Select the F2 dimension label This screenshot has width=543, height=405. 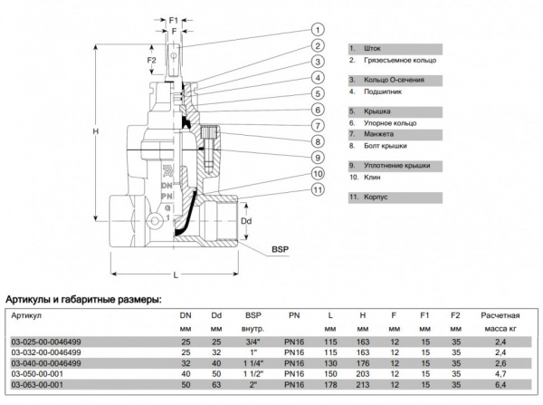[155, 62]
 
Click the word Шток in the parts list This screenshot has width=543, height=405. [372, 47]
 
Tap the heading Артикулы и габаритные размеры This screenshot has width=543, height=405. [84, 298]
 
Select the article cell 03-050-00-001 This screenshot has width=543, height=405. [37, 372]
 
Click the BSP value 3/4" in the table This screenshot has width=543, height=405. [251, 341]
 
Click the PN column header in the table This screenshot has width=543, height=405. [293, 315]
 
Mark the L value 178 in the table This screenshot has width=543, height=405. [330, 383]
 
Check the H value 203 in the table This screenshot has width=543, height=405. [363, 372]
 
